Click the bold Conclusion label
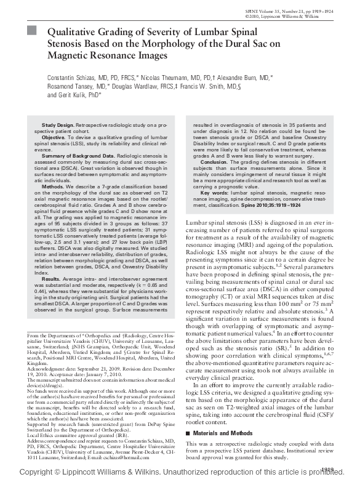point(217,161)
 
